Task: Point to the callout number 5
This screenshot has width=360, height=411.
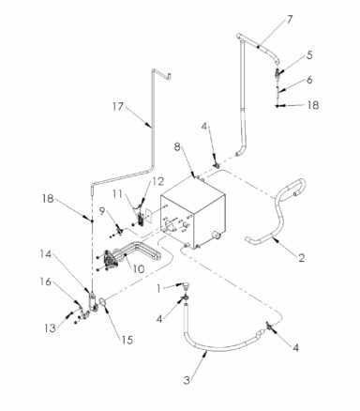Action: (x=309, y=55)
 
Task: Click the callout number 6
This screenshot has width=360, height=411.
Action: (x=309, y=82)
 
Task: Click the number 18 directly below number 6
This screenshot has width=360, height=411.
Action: (x=314, y=106)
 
